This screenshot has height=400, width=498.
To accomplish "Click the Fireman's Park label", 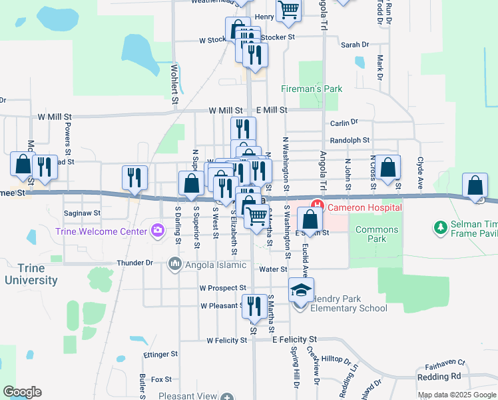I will (x=312, y=88).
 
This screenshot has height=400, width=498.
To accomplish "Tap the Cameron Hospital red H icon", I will (x=318, y=207).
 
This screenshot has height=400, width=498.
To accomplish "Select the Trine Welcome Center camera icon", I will (x=158, y=231).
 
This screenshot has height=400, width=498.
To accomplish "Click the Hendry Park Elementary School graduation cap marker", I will (x=301, y=291).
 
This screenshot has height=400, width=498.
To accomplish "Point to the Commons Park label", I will (x=377, y=234).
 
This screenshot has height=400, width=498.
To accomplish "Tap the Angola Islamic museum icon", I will (x=175, y=264).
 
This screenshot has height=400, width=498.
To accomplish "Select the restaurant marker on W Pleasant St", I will (x=254, y=307).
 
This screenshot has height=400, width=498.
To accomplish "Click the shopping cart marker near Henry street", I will (x=288, y=9).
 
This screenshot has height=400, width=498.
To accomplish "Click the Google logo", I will (x=22, y=392).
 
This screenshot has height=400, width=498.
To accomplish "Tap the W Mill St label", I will (x=226, y=110).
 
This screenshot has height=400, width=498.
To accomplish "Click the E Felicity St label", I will (x=295, y=339).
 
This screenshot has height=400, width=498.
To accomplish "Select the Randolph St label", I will (x=350, y=141).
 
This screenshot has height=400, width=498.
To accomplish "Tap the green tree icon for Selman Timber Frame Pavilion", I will (x=440, y=229).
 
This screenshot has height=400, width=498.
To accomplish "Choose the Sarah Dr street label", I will (x=355, y=45).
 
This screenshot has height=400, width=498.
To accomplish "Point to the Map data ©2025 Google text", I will (x=456, y=395).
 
